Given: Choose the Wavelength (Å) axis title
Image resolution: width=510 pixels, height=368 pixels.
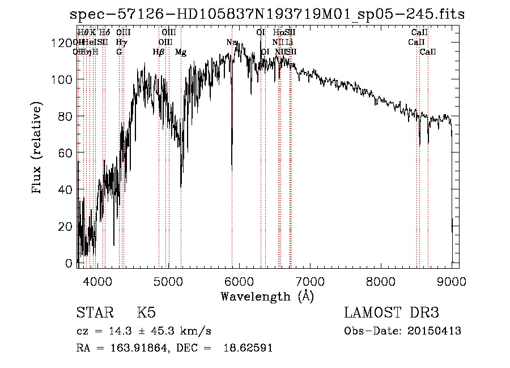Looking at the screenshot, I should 267,297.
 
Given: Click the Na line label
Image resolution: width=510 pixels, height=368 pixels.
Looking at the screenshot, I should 231,43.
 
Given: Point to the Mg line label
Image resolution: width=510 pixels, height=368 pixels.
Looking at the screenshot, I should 181,52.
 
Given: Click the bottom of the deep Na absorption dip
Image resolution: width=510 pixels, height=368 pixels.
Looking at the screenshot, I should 232,169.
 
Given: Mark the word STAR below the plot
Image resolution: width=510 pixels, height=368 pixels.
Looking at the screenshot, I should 95,313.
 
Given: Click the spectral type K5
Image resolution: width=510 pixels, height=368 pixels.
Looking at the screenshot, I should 146,313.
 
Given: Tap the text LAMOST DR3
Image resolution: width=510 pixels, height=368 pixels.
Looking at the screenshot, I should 392,313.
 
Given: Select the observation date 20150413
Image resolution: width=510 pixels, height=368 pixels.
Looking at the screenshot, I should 435,331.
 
